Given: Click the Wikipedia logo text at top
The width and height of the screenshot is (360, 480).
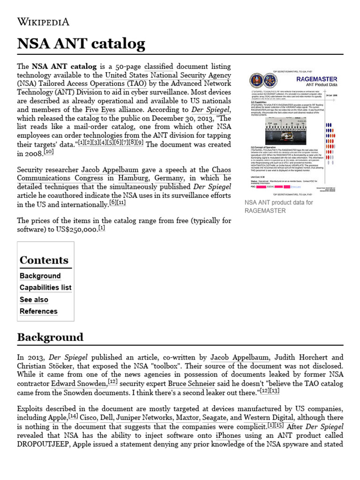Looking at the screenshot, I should [x=43, y=22].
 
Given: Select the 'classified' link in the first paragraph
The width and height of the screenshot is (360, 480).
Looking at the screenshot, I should [x=158, y=66].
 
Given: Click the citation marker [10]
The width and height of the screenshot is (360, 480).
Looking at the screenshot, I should [x=49, y=152].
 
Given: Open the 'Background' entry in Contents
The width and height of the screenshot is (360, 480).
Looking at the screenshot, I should [x=40, y=276].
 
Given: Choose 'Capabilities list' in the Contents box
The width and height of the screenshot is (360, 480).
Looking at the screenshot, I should [x=45, y=287].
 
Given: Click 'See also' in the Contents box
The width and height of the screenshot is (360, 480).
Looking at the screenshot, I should [x=34, y=300].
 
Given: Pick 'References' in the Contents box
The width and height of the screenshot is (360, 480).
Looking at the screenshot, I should [x=38, y=311].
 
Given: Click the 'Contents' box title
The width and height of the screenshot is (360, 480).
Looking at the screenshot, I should [x=44, y=260].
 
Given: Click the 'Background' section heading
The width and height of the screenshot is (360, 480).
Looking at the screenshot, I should [x=50, y=337].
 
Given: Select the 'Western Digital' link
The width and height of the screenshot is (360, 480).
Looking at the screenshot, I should [x=269, y=417].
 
